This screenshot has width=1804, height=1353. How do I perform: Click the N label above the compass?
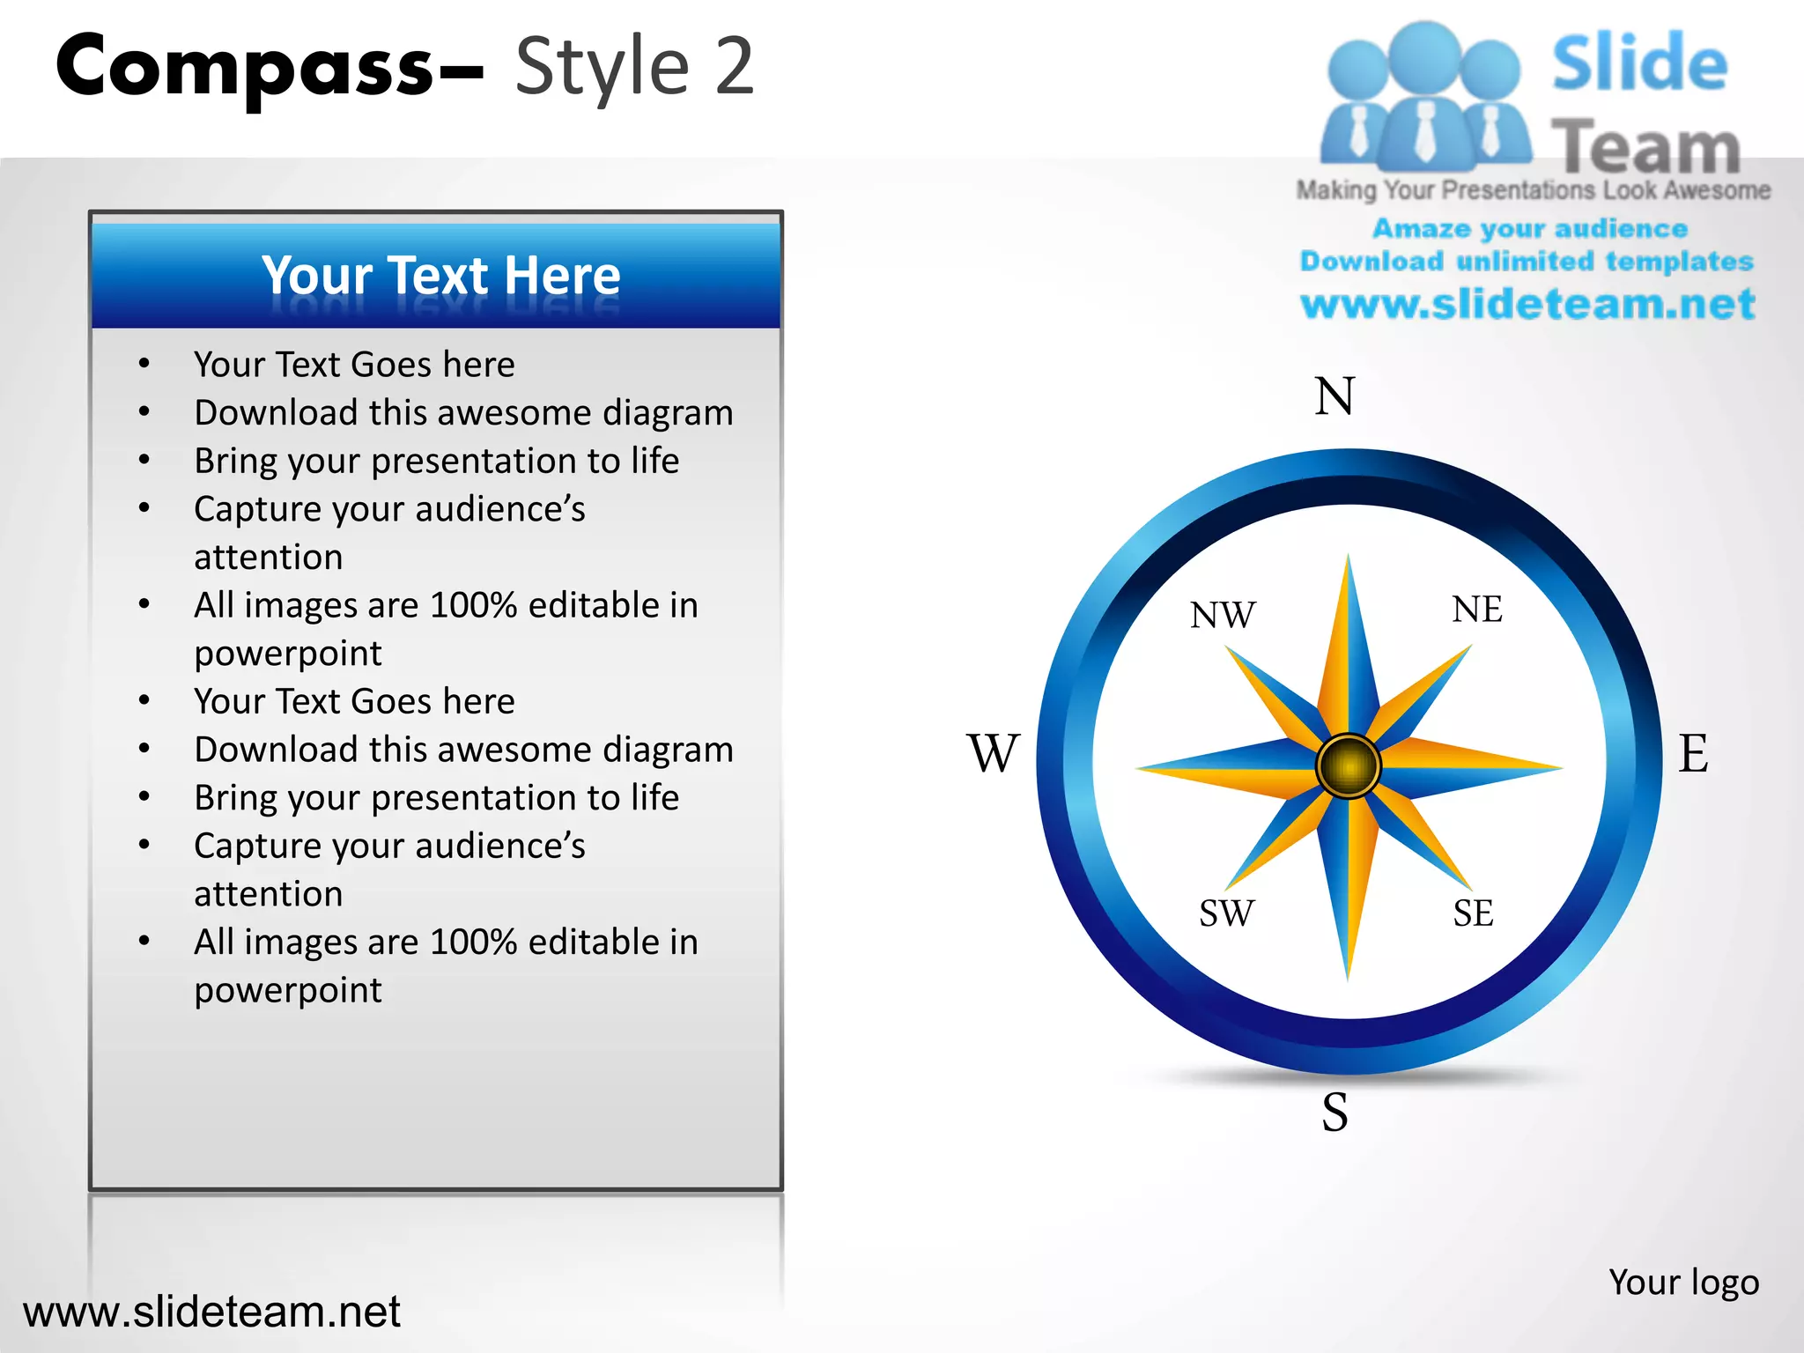[x=1335, y=396]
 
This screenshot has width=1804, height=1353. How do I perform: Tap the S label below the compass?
[x=1335, y=1112]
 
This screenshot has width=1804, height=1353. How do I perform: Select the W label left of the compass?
[x=993, y=753]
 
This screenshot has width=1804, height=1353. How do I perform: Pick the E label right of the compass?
[x=1693, y=753]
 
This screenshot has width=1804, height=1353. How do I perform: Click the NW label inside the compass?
[x=1223, y=615]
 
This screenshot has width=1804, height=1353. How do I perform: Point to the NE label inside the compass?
[x=1477, y=610]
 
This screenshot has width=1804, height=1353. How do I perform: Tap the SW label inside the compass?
[x=1226, y=913]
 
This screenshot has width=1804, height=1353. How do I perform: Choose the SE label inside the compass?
[x=1473, y=913]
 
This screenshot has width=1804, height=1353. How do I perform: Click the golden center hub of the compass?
[x=1348, y=766]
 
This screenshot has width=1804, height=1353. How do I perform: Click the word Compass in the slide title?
[x=245, y=67]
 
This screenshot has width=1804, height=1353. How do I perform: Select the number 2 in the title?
[x=734, y=67]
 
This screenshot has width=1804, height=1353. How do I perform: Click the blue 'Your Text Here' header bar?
[x=437, y=276]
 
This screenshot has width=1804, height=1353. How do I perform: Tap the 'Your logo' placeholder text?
[x=1683, y=1283]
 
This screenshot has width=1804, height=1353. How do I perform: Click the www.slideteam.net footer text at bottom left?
[x=211, y=1312]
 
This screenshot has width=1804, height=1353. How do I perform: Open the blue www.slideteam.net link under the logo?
[x=1527, y=305]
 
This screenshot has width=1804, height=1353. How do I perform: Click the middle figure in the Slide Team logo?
[x=1424, y=97]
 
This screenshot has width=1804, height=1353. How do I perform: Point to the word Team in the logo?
[x=1645, y=147]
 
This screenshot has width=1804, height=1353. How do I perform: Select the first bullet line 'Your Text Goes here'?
[x=354, y=365]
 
